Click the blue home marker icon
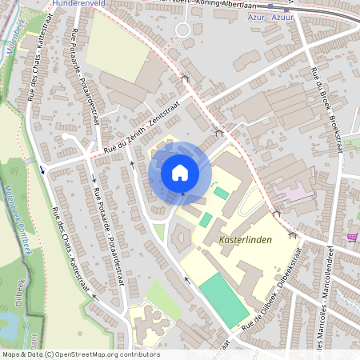click(x=180, y=173)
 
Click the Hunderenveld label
click(x=78, y=4)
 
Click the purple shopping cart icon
click(x=352, y=238)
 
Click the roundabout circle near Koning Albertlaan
click(x=183, y=30)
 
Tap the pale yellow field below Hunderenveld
click(x=116, y=45)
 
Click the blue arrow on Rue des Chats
click(x=42, y=169)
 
